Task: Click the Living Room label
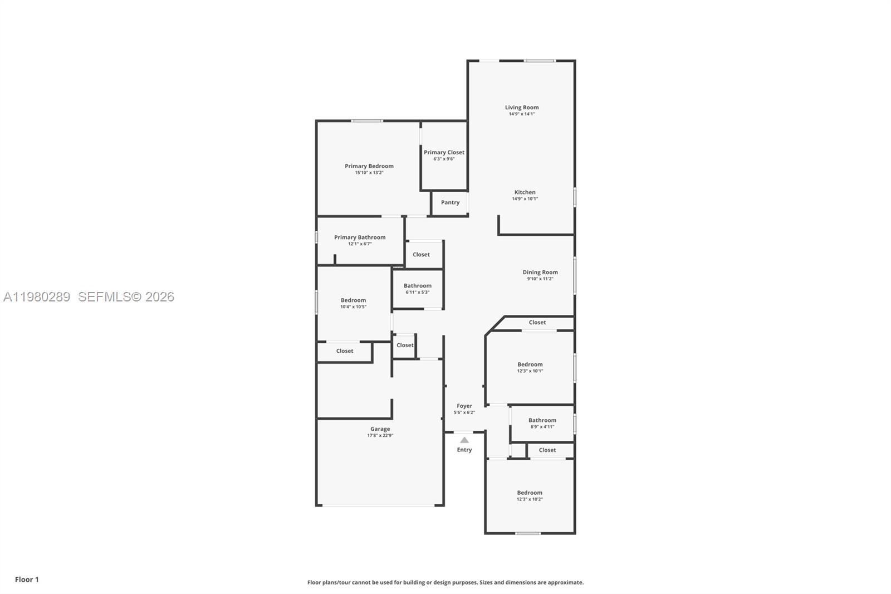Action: pyautogui.click(x=522, y=108)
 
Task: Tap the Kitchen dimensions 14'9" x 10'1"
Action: pyautogui.click(x=525, y=199)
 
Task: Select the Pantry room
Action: pyautogui.click(x=450, y=203)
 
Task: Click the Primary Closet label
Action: pyautogui.click(x=444, y=152)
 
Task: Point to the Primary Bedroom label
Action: pyautogui.click(x=369, y=166)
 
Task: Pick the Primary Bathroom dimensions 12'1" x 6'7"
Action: pyautogui.click(x=360, y=244)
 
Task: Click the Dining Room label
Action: pyautogui.click(x=540, y=272)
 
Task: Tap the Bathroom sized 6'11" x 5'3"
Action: pyautogui.click(x=418, y=289)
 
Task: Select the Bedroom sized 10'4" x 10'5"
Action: pyautogui.click(x=353, y=303)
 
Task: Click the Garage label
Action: pyautogui.click(x=380, y=429)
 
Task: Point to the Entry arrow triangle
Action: pyautogui.click(x=464, y=440)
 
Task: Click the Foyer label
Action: pyautogui.click(x=464, y=406)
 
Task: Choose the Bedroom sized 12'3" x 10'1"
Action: pyautogui.click(x=530, y=367)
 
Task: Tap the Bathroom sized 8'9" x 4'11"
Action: pyautogui.click(x=542, y=423)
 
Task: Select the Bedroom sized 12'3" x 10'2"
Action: pyautogui.click(x=530, y=495)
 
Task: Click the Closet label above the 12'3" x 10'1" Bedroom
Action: pyautogui.click(x=537, y=323)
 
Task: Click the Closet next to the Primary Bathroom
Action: pyautogui.click(x=421, y=255)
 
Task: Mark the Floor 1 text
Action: pyautogui.click(x=27, y=580)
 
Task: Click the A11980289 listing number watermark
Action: pyautogui.click(x=37, y=297)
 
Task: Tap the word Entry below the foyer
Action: pyautogui.click(x=464, y=450)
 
